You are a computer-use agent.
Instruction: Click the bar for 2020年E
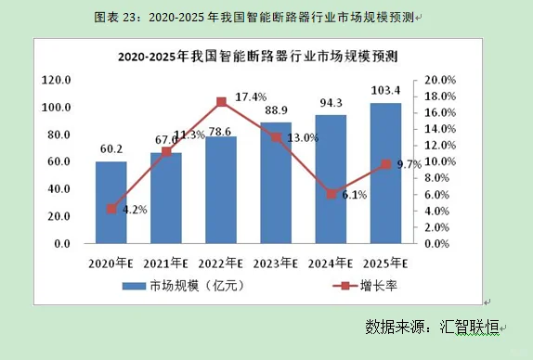pyautogui.click(x=111, y=202)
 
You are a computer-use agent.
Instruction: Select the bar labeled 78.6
pyautogui.click(x=221, y=190)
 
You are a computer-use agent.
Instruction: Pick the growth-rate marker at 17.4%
pyautogui.click(x=221, y=101)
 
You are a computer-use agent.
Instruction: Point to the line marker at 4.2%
pyautogui.click(x=111, y=209)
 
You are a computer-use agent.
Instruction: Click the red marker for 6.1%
pyautogui.click(x=331, y=194)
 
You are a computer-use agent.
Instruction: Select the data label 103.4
pyautogui.click(x=385, y=90)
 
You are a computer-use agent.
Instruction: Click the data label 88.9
pyautogui.click(x=276, y=110)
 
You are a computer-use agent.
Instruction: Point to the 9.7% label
pyautogui.click(x=409, y=164)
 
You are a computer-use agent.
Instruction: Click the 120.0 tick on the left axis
pyautogui.click(x=57, y=81)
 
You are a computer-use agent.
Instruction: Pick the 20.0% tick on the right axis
pyautogui.click(x=440, y=81)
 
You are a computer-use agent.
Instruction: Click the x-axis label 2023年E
pyautogui.click(x=276, y=263)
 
